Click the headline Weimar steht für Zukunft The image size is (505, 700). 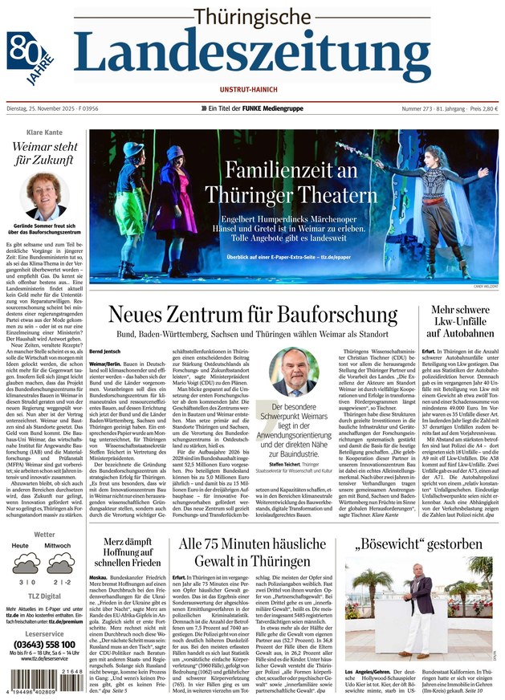tap(44, 154)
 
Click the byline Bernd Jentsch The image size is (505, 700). tap(105, 352)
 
